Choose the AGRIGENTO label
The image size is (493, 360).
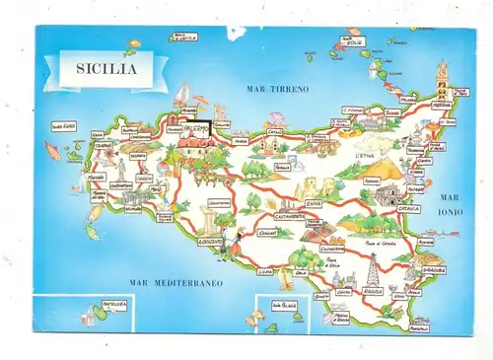[210, 240]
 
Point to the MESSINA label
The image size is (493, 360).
[441, 106]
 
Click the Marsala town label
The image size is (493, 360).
[95, 178]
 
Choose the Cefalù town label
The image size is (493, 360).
[275, 130]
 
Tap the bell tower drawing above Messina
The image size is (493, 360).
[442, 77]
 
